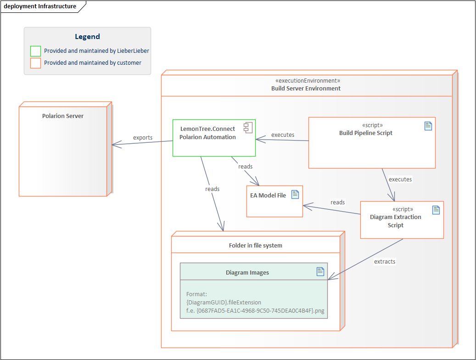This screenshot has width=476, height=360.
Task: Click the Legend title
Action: pyautogui.click(x=87, y=37)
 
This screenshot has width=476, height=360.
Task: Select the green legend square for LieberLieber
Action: pyautogui.click(x=35, y=51)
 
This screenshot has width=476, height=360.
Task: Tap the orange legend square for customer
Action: pyautogui.click(x=35, y=63)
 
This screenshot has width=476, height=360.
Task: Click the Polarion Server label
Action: pyautogui.click(x=63, y=116)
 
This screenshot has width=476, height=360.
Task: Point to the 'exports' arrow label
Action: pyautogui.click(x=143, y=138)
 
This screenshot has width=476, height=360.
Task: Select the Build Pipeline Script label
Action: pyautogui.click(x=365, y=133)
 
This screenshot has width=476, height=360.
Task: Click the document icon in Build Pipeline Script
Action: pyautogui.click(x=428, y=126)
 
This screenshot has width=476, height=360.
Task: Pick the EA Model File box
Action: pyautogui.click(x=274, y=201)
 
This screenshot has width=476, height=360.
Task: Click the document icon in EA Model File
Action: pyautogui.click(x=295, y=194)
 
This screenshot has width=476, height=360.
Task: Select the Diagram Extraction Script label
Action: pyautogui.click(x=395, y=221)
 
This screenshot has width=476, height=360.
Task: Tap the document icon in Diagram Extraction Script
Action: pyautogui.click(x=436, y=210)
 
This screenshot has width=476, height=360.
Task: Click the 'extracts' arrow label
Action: pyautogui.click(x=385, y=262)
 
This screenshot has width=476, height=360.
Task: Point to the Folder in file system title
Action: pyautogui.click(x=255, y=246)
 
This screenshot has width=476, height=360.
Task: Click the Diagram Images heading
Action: pyautogui.click(x=247, y=273)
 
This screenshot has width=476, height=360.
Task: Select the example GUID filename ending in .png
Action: pyautogui.click(x=255, y=311)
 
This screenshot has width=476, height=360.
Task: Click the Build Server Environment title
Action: pyautogui.click(x=306, y=88)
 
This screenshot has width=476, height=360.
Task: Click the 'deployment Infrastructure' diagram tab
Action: pyautogui.click(x=40, y=6)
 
